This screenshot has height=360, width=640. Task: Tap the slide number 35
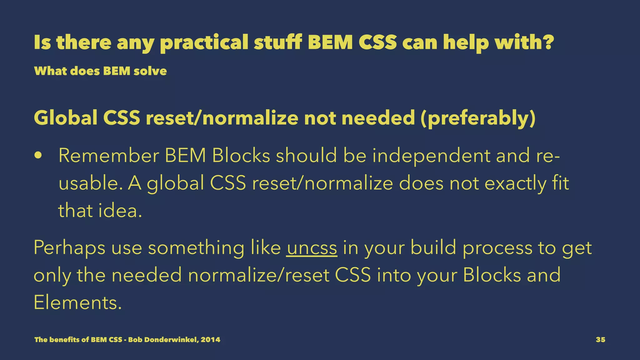pyautogui.click(x=600, y=340)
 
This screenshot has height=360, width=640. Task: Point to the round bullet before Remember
pyautogui.click(x=38, y=156)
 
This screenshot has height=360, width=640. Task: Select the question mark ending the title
pyautogui.click(x=549, y=42)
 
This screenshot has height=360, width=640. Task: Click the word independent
pyautogui.click(x=431, y=156)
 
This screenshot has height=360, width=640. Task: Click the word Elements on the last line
pyautogui.click(x=77, y=303)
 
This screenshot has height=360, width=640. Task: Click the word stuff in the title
pyautogui.click(x=277, y=43)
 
